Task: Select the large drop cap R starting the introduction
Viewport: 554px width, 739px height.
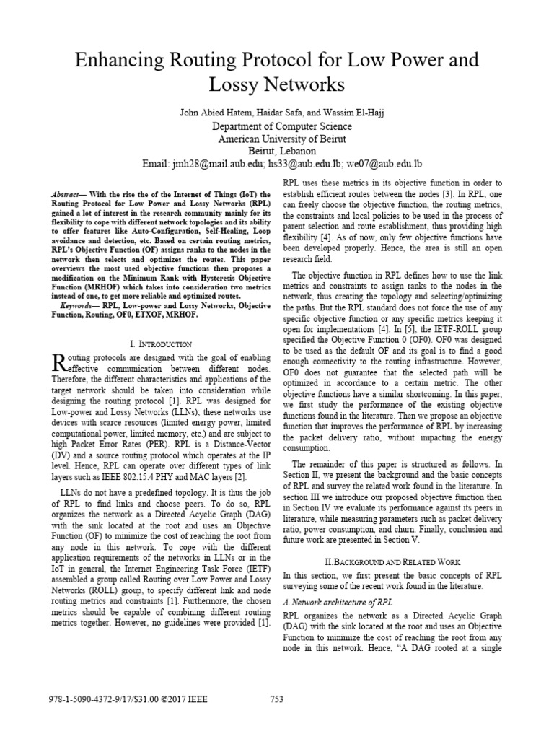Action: pyautogui.click(x=61, y=364)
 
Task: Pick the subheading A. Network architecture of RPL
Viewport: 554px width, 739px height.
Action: pyautogui.click(x=339, y=603)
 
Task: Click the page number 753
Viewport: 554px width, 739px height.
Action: pyautogui.click(x=277, y=699)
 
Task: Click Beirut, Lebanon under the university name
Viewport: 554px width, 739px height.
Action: pyautogui.click(x=278, y=152)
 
